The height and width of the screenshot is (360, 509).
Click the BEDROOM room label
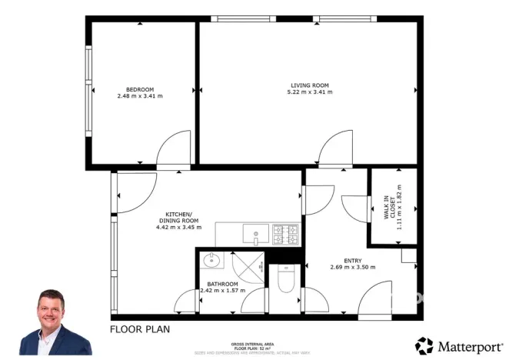(x=140, y=88)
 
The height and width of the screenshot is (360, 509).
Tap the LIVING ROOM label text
(x=310, y=85)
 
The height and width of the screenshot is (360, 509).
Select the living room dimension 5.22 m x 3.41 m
(x=310, y=92)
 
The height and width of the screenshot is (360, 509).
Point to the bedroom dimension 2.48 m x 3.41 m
(x=140, y=95)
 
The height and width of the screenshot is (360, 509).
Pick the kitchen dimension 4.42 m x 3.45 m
(x=179, y=227)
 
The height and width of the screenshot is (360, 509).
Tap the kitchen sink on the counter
(x=255, y=232)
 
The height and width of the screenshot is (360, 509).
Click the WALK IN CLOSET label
(x=390, y=208)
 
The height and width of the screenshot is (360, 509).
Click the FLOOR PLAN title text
(x=139, y=329)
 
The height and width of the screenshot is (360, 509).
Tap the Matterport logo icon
(x=424, y=345)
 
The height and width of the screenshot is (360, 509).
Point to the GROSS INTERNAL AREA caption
(x=253, y=344)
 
